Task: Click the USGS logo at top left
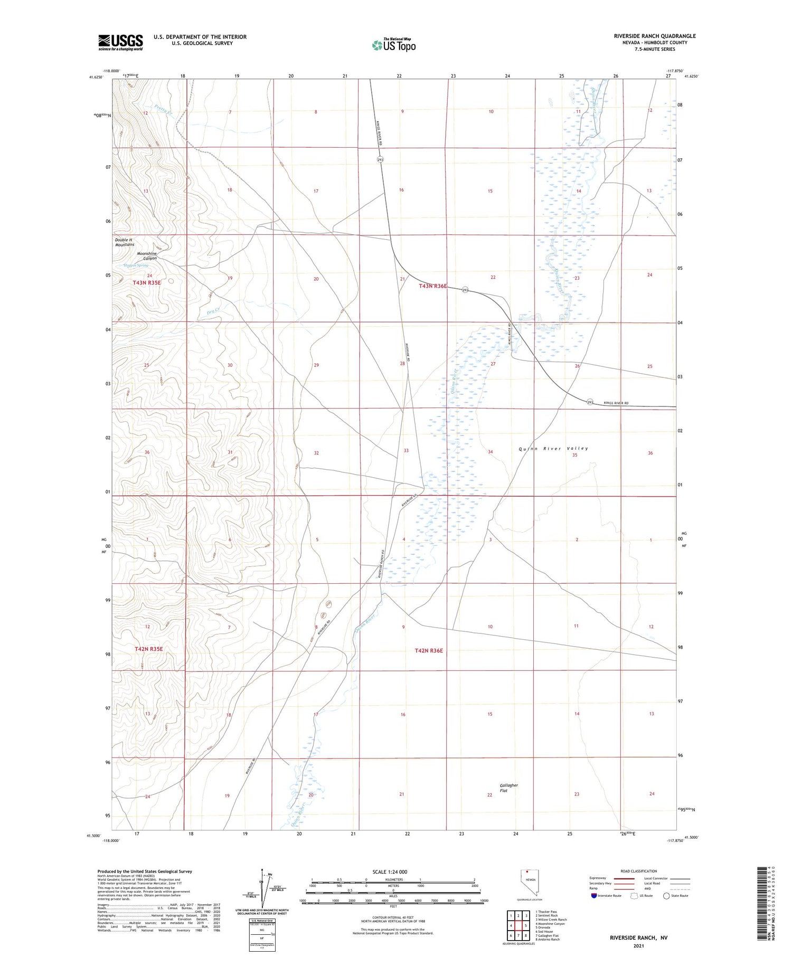(120, 42)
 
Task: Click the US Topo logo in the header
(393, 45)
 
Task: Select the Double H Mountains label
(125, 242)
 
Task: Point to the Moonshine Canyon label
(147, 256)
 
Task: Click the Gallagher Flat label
(508, 788)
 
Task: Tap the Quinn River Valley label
(553, 449)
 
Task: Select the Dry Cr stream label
(213, 311)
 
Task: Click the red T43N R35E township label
(146, 283)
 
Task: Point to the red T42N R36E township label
(428, 651)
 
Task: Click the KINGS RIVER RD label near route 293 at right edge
(616, 403)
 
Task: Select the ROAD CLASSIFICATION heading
(639, 871)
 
